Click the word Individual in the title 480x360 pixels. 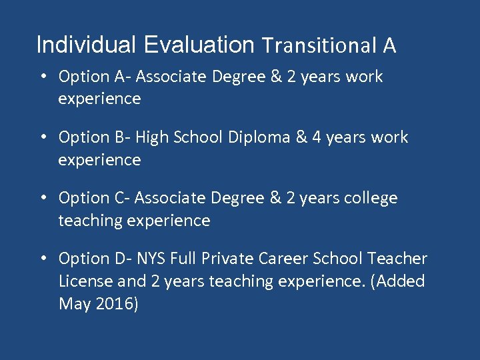click(86, 45)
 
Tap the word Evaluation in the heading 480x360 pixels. click(199, 45)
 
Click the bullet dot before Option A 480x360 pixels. click(43, 77)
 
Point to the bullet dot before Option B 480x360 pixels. click(43, 137)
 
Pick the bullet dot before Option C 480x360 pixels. click(43, 198)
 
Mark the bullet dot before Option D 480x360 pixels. click(43, 259)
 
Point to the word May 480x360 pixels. click(72, 305)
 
